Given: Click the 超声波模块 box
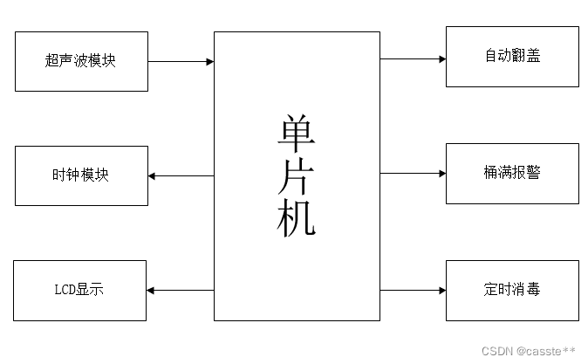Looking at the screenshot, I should (x=80, y=61).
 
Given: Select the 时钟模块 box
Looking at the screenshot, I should (x=80, y=175).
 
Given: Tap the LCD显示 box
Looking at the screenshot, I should (x=80, y=290).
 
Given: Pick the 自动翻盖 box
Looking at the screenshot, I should (x=512, y=57).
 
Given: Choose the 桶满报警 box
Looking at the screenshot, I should (x=512, y=173).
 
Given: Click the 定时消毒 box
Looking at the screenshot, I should (x=512, y=289).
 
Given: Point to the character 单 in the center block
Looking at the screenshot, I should (x=297, y=135).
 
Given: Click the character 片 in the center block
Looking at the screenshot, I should (x=297, y=177).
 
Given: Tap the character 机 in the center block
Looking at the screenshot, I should (x=297, y=219).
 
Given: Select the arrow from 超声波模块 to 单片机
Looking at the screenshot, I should (x=181, y=62).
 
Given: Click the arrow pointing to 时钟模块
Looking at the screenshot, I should (x=181, y=175).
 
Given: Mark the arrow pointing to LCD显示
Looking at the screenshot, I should (x=181, y=290).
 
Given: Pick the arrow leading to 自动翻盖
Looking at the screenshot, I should (x=413, y=59).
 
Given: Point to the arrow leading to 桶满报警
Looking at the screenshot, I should (x=413, y=173).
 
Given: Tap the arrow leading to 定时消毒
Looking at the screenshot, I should (x=413, y=290).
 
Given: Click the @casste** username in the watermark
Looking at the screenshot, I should (x=546, y=351).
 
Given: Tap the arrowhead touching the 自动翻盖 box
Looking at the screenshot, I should (x=442, y=59).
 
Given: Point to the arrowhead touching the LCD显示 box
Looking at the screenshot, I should (x=151, y=290).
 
